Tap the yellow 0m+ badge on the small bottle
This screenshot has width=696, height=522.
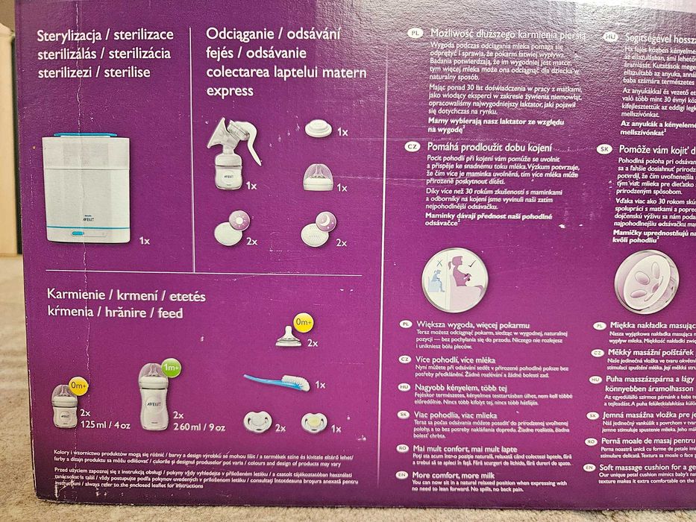[x=79, y=386]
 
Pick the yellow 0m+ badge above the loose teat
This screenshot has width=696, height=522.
[x=304, y=322]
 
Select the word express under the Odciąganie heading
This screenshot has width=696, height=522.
[x=230, y=92]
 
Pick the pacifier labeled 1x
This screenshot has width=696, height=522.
[x=313, y=424]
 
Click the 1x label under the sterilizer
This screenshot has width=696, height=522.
[x=145, y=241]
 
